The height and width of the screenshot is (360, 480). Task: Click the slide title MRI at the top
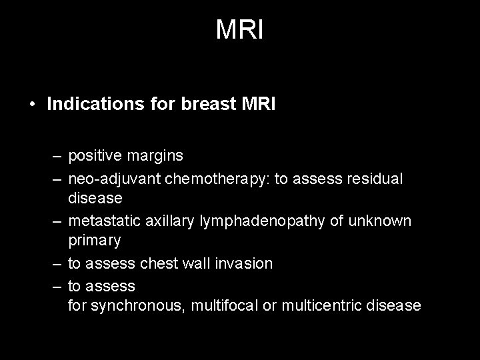[x=240, y=30]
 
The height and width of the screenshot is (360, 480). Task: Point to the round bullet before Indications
[x=32, y=105]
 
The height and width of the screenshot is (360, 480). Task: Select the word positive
[x=94, y=156]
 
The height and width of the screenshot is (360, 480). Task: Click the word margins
[x=154, y=156]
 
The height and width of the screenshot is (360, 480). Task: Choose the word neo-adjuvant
[x=109, y=179]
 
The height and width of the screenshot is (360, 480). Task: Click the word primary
[x=94, y=240]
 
